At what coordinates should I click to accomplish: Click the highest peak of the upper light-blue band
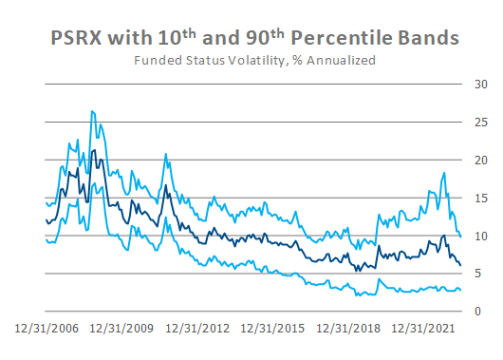(x=92, y=111)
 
